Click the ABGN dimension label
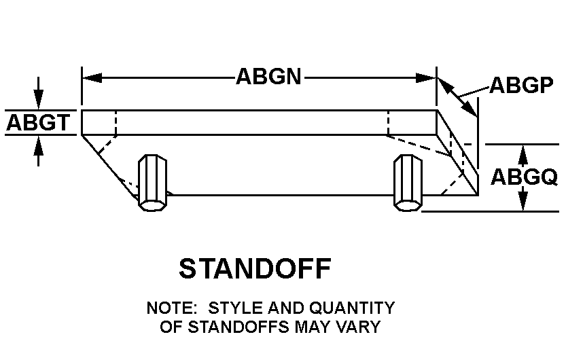tap(268, 76)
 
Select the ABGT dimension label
tap(38, 123)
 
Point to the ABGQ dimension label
tap(524, 177)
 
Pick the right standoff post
tap(408, 181)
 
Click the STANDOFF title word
tap(255, 269)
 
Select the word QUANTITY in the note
tap(352, 308)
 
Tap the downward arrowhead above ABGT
tap(39, 100)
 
